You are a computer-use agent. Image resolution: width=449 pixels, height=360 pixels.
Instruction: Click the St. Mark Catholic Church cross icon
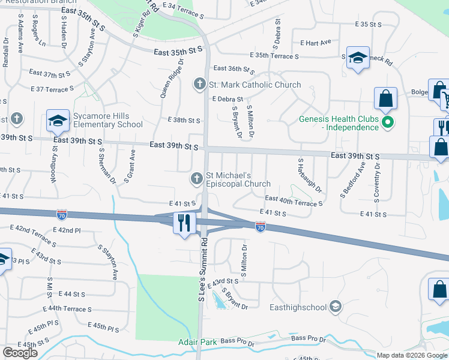tap(199, 85)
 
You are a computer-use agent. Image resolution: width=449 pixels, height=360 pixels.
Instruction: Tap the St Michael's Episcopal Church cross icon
tap(197, 178)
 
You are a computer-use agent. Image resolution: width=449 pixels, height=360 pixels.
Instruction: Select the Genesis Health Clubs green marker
tap(388, 124)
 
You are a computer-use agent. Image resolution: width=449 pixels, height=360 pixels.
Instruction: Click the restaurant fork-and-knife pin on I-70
tap(184, 223)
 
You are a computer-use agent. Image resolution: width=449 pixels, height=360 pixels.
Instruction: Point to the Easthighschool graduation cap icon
tap(336, 307)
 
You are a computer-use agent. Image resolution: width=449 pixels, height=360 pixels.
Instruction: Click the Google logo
tap(20, 353)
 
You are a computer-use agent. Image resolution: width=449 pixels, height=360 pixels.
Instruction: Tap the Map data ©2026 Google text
tap(412, 355)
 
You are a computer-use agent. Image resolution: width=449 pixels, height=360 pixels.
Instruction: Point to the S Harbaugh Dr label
tap(309, 176)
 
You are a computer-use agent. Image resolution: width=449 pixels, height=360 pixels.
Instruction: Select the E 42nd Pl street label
tap(66, 230)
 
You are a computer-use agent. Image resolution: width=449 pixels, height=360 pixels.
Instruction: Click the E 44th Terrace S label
tap(62, 308)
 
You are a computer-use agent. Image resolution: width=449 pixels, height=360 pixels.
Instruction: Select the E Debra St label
tap(228, 99)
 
